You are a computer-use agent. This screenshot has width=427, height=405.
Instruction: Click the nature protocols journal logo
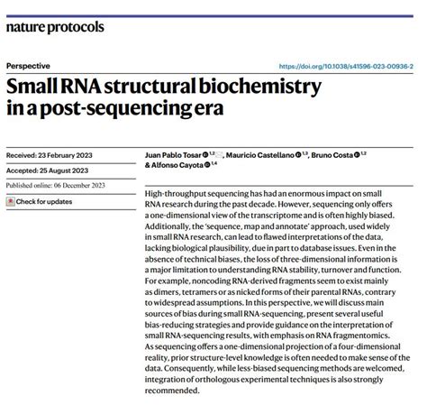[55, 27]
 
